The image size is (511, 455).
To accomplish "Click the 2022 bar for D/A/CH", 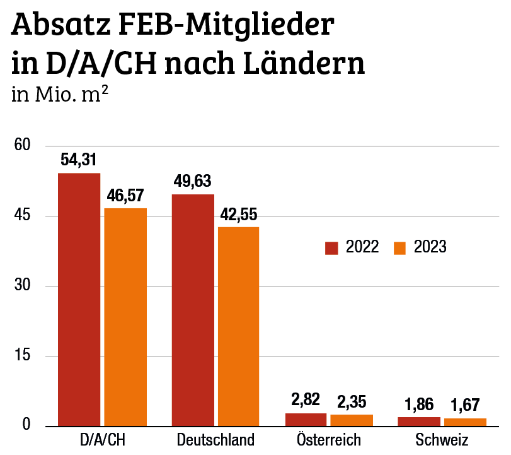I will coord(79,300).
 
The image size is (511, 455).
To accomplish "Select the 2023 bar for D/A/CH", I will coord(125,317).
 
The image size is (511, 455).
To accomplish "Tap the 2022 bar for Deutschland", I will coord(193,310).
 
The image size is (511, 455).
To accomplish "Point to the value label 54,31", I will coord(79,160).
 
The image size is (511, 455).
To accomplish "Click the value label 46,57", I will coord(125,196).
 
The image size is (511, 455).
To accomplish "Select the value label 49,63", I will coord(193,182).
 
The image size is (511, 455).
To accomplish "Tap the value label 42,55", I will coord(239,215).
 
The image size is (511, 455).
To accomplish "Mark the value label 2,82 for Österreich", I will coord(306,399).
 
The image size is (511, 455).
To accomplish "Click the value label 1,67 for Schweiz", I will coord(465,405).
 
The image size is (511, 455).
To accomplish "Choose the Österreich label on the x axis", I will coord(329,440).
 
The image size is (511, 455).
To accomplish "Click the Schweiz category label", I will coord(442,440).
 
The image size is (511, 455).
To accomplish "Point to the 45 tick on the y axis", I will coord(23,216).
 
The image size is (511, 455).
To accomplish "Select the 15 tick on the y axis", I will coord(23,356).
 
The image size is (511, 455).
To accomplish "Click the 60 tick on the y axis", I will coord(23,146).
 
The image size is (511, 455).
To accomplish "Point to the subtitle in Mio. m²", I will coord(59,94).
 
